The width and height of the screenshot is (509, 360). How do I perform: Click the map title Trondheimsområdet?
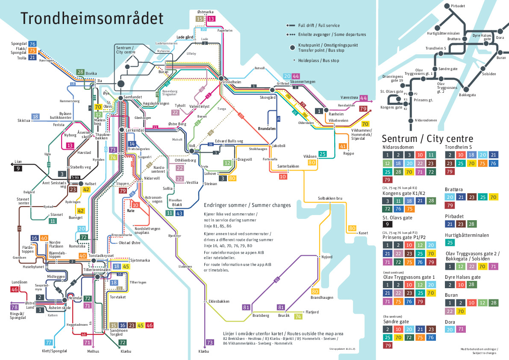pyautogui.click(x=92, y=19)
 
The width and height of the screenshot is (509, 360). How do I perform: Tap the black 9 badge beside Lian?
pyautogui.click(x=18, y=168)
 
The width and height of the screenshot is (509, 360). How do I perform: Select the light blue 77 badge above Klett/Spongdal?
pyautogui.click(x=49, y=342)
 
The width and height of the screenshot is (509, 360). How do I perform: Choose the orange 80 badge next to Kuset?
pyautogui.click(x=352, y=228)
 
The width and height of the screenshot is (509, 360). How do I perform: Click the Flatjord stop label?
pyautogui.click(x=312, y=312)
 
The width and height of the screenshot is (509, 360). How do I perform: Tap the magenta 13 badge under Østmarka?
pyautogui.click(x=211, y=19)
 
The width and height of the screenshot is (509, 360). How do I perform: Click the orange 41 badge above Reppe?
pyautogui.click(x=343, y=146)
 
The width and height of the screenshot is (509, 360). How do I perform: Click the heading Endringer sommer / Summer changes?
pyautogui.click(x=247, y=205)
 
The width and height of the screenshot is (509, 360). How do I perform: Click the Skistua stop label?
pyautogui.click(x=24, y=121)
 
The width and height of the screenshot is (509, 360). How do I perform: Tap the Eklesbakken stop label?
pyautogui.click(x=219, y=301)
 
